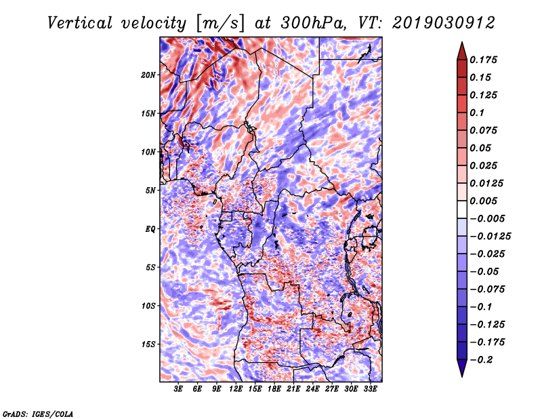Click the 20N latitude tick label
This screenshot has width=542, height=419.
tap(148, 75)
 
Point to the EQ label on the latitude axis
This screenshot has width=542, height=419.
tap(150, 229)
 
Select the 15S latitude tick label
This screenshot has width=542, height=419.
tap(148, 344)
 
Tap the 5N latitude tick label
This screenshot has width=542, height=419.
tap(150, 191)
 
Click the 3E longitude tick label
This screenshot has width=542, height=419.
tap(178, 389)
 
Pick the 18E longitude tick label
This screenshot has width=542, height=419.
tap(274, 389)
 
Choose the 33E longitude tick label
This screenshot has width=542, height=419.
tap(370, 389)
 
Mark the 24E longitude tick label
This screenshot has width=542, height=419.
tap(312, 389)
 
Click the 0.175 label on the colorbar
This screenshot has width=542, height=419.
tap(483, 60)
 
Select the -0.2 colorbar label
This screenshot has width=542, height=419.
tap(481, 360)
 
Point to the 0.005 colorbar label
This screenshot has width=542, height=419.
tap(483, 201)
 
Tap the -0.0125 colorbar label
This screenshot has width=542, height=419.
tap(490, 237)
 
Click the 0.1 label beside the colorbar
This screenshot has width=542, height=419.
tap(477, 113)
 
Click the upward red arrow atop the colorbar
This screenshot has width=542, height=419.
tap(462, 51)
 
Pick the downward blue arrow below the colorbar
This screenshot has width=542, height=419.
tap(462, 368)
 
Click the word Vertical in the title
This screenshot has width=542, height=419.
tap(80, 23)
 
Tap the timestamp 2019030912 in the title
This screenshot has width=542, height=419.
tap(444, 23)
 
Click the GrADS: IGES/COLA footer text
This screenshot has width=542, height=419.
tap(38, 414)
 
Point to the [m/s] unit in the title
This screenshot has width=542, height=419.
tap(220, 24)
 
